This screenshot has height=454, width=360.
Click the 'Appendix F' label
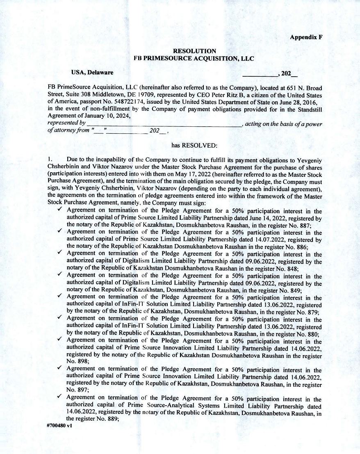[x=306, y=37]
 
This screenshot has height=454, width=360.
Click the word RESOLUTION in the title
[x=194, y=51]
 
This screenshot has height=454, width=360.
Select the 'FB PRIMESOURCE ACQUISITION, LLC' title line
[x=194, y=59]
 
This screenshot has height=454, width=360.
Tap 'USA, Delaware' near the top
[x=92, y=73]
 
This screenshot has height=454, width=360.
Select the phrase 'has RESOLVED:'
[x=194, y=145]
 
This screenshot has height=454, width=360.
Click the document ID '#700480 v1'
[x=60, y=425]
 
